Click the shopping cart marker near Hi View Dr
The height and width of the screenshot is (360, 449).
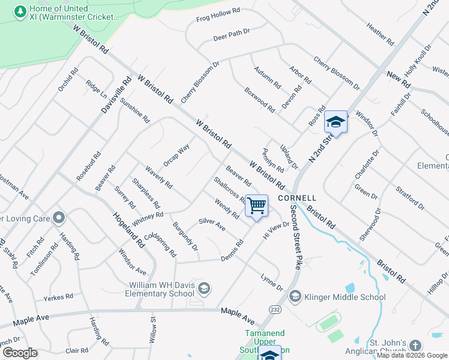tap(256, 206)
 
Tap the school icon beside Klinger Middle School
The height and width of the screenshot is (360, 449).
tap(295, 296)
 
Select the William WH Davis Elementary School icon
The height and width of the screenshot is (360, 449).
tap(204, 289)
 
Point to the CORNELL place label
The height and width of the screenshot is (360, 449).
tap(297, 197)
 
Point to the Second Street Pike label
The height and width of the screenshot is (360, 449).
tap(295, 238)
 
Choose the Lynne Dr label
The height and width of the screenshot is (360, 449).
tap(271, 282)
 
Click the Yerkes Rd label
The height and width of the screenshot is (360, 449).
tap(58, 297)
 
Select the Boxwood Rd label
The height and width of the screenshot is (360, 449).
tap(259, 100)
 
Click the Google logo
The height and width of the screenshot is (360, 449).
tap(20, 353)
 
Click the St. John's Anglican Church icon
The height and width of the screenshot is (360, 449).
tap(415, 346)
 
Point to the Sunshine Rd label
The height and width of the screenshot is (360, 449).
tap(134, 110)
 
